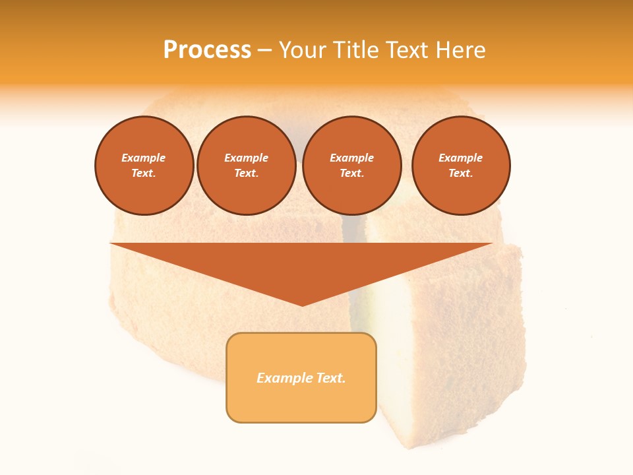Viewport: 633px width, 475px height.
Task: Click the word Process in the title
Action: pos(207,50)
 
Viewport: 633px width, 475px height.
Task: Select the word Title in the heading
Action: pos(357,50)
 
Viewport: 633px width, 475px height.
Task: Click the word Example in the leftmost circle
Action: pos(144,158)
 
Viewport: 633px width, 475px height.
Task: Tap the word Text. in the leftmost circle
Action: pos(144,173)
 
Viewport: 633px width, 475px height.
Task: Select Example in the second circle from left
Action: pos(246,158)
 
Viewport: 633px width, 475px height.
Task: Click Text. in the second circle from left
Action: pos(246,173)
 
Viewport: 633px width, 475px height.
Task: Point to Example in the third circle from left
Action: pos(351,158)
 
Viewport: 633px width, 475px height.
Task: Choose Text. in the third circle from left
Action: pos(351,173)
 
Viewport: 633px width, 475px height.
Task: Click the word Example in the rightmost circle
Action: pos(460,158)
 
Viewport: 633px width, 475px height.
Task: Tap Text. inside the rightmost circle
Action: pos(460,173)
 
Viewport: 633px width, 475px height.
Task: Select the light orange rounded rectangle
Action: pos(301,402)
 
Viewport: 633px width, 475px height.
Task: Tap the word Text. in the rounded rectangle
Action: pos(330,378)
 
